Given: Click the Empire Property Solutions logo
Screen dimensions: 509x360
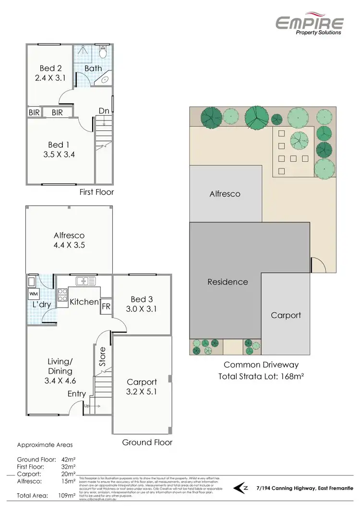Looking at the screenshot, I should click(309, 24).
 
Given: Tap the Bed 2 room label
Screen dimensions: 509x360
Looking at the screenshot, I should click(47, 69).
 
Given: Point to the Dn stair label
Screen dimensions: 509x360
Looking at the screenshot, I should click(104, 110).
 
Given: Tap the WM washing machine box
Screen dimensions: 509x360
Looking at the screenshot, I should click(33, 293).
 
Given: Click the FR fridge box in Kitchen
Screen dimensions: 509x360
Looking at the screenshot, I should click(105, 306).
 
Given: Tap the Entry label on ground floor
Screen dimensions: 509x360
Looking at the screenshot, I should click(76, 394).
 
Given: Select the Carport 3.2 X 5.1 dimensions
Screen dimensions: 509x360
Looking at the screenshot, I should click(142, 391).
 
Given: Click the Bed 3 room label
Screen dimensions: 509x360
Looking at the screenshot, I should click(142, 300).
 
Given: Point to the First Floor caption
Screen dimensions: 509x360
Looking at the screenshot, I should click(96, 192).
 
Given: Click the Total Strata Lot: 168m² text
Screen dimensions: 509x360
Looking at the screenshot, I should click(262, 376).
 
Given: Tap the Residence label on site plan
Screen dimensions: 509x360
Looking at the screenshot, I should click(228, 282).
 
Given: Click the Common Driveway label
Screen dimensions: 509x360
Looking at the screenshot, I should click(261, 365).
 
